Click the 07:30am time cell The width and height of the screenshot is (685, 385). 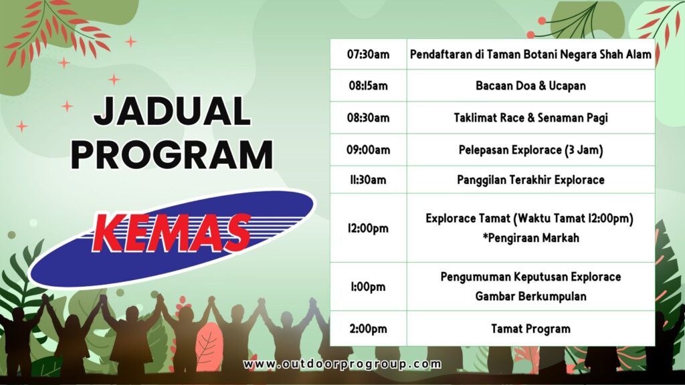(368, 54)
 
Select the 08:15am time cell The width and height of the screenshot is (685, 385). (368, 86)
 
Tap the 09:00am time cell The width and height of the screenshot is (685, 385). (368, 150)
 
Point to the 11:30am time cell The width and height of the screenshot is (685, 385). (368, 180)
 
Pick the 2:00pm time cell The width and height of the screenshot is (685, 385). (368, 329)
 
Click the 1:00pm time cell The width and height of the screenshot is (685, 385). (368, 287)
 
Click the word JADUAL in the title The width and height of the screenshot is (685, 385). (172, 112)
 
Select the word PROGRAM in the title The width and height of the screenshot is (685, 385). (172, 155)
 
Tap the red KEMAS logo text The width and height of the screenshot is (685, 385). (171, 233)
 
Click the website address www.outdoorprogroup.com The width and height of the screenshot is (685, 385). (342, 364)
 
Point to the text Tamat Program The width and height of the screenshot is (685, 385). (530, 329)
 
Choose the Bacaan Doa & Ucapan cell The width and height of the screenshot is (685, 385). (530, 86)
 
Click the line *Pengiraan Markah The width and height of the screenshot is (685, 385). (530, 238)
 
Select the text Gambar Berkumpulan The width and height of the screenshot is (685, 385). (530, 296)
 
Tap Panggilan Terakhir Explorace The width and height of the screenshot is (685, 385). (530, 180)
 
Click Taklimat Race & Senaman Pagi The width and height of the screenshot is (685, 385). (530, 118)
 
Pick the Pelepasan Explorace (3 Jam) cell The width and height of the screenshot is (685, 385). (530, 150)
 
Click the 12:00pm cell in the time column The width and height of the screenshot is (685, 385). (368, 229)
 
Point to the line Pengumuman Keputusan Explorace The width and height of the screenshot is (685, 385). (530, 277)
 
